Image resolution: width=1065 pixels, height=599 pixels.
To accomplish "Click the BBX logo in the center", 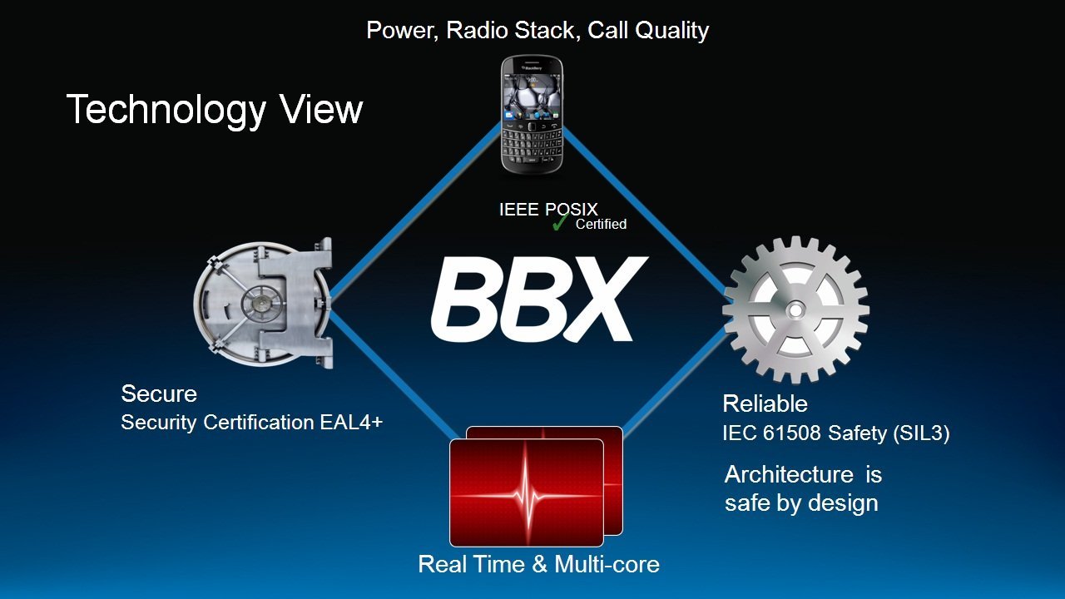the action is (539, 299).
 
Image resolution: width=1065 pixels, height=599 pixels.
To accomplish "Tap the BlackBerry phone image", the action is (532, 115).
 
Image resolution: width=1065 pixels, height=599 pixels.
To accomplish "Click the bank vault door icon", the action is (263, 304).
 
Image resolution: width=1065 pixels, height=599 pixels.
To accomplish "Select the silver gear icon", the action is (795, 310).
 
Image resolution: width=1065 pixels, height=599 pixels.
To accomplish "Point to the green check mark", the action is (560, 222).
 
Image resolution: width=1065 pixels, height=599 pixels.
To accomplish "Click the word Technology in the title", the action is (166, 111).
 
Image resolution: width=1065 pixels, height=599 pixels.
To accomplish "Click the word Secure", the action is (159, 394).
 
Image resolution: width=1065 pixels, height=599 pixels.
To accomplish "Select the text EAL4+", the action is (351, 422).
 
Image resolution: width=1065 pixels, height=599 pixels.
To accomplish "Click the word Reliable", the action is (765, 403).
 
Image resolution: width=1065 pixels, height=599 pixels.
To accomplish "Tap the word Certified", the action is (601, 224).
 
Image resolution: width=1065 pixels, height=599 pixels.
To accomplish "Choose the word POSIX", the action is (571, 209).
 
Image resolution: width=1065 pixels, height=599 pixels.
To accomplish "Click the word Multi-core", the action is (607, 564).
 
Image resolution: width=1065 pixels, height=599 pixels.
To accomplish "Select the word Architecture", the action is (789, 474).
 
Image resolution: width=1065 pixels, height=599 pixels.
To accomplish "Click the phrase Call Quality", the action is (648, 31).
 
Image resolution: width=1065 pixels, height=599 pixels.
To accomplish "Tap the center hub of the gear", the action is (795, 310).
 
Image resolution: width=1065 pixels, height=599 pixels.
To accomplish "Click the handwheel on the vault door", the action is (259, 303).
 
